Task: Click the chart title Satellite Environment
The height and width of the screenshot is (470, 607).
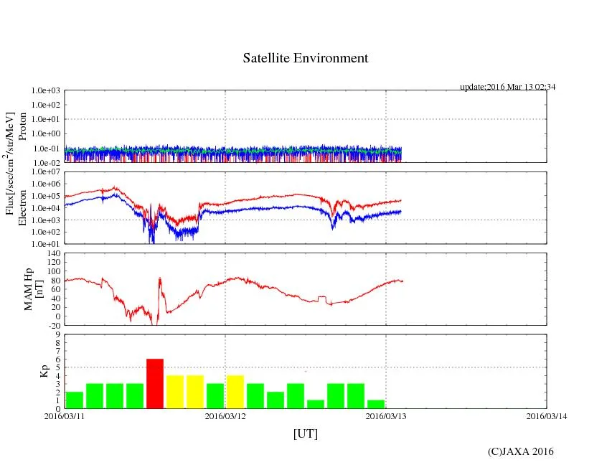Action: click(x=305, y=58)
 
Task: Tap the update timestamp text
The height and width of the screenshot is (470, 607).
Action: click(x=507, y=87)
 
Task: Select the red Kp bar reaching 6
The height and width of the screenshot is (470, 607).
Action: click(x=155, y=383)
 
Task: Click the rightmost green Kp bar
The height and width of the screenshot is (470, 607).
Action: click(x=376, y=404)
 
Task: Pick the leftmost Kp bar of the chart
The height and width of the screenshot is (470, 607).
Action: click(x=75, y=400)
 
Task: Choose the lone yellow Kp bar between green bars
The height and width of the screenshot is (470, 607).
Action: click(x=235, y=392)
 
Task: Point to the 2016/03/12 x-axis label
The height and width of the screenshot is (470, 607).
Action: click(x=225, y=415)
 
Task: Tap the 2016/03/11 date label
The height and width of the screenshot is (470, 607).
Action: click(x=65, y=415)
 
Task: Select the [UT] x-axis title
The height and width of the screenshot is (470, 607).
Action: click(x=305, y=433)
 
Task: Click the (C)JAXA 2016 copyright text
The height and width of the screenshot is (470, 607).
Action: click(x=520, y=451)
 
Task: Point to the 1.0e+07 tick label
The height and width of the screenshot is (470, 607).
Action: click(x=47, y=172)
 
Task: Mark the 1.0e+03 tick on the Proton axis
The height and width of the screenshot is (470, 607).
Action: click(x=47, y=91)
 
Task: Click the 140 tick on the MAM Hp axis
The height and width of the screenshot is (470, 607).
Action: click(x=55, y=253)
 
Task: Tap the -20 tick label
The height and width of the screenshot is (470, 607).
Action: click(x=55, y=325)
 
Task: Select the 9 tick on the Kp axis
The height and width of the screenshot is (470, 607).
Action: click(x=57, y=334)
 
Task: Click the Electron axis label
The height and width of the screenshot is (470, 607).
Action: click(x=22, y=207)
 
